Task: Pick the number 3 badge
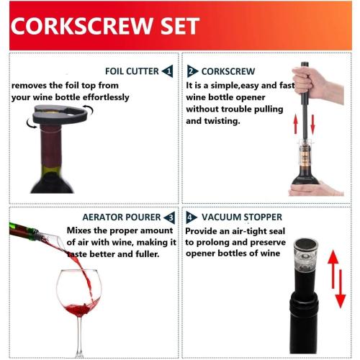[x=168, y=217]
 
